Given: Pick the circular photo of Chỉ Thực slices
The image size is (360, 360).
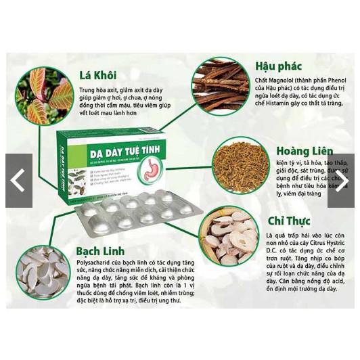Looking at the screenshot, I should [x=232, y=240].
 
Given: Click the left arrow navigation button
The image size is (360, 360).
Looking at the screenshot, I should [x=18, y=181].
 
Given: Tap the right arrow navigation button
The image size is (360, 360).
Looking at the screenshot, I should [x=341, y=181].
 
